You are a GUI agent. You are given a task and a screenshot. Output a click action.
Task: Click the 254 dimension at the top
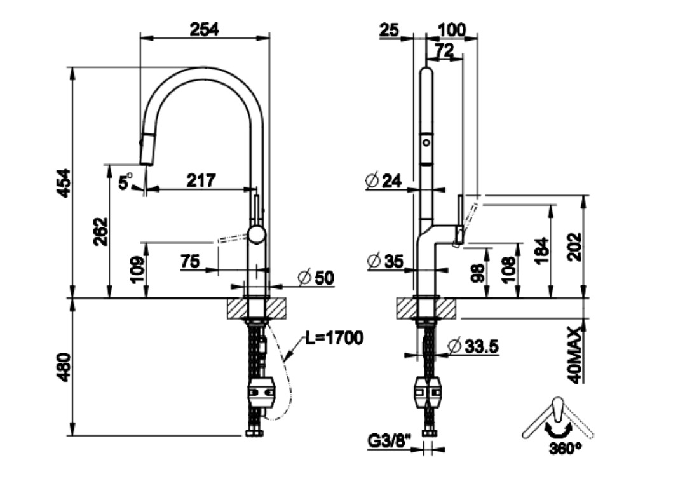click(204, 29)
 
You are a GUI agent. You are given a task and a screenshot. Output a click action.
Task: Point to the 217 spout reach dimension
click(201, 180)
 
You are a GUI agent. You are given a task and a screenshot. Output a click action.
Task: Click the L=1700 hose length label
click(334, 339)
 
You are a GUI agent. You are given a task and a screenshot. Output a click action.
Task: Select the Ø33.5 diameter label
click(474, 347)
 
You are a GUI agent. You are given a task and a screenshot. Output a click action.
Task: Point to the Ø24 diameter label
click(384, 182)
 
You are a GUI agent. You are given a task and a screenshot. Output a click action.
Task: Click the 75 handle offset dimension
click(191, 261)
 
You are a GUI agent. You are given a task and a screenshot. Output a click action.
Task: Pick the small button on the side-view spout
click(427, 139)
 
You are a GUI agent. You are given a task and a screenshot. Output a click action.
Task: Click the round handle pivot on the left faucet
click(257, 234)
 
